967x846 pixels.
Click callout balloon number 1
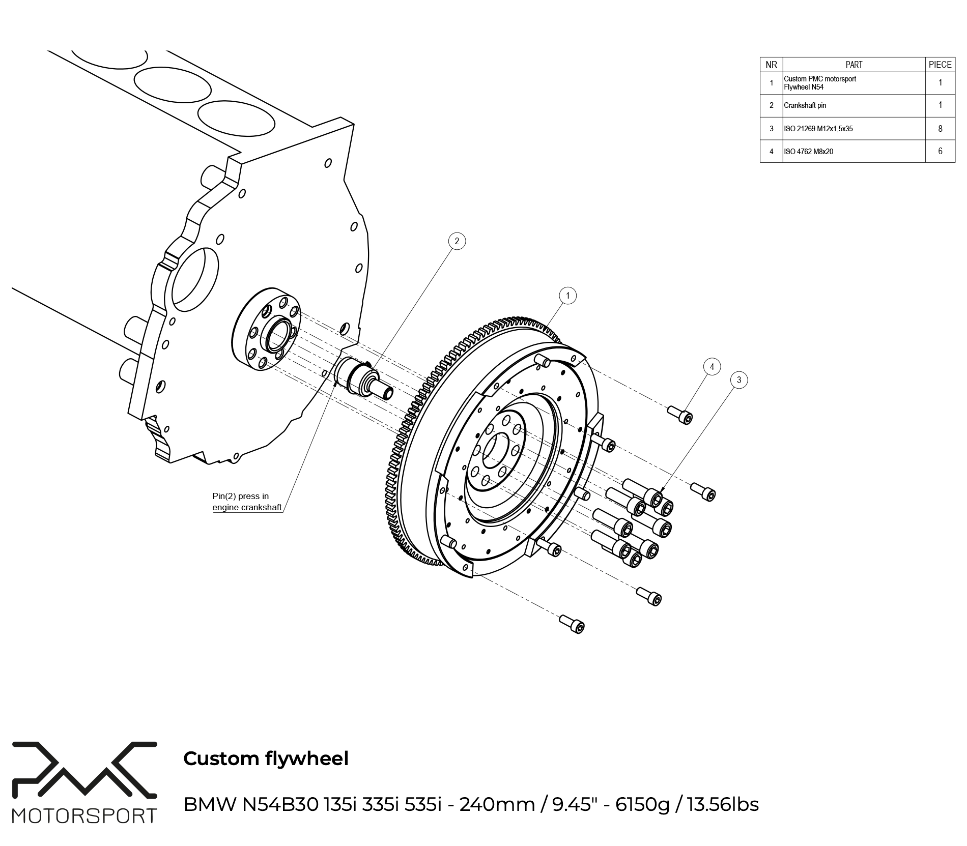567,295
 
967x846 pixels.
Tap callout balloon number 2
457,241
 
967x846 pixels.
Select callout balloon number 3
738,380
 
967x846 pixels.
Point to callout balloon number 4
712,366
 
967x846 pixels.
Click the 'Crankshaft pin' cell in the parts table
805,106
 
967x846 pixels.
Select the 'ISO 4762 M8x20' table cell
808,152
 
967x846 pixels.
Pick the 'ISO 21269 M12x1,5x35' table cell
818,129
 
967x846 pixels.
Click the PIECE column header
940,65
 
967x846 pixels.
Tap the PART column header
854,65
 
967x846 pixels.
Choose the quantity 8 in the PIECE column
940,129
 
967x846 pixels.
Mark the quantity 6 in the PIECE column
940,151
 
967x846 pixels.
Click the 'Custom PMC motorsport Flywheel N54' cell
819,83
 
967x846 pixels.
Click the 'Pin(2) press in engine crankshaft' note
247,502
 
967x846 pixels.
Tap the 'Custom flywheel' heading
266,759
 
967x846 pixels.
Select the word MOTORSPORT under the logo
84,816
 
